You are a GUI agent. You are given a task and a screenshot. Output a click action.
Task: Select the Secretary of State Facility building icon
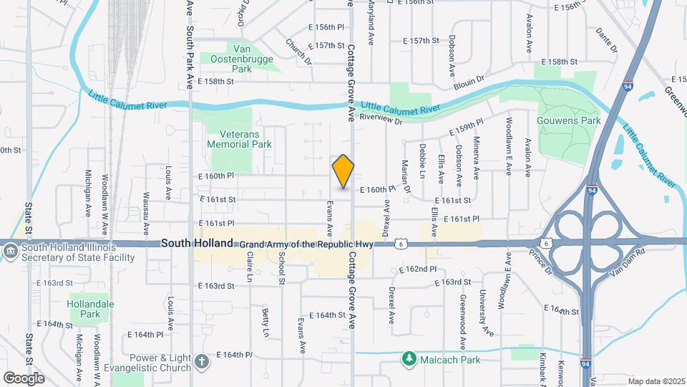(11, 252)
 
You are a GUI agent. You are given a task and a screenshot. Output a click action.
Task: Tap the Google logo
(24, 378)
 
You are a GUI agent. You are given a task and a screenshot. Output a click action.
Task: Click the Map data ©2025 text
(655, 381)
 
